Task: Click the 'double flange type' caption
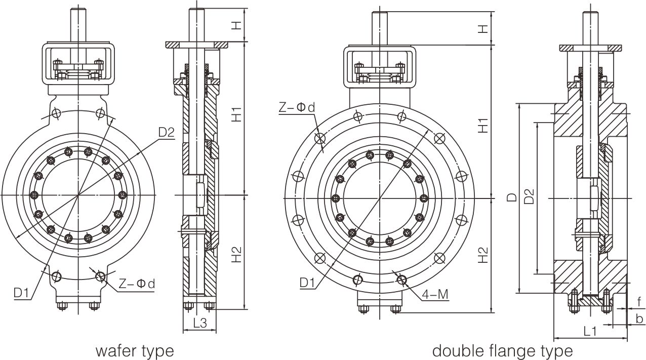502,350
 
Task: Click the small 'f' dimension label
639,300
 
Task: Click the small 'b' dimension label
639,319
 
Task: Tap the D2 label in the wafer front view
166,133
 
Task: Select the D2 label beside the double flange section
529,197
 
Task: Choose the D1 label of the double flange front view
309,282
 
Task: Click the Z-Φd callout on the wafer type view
137,284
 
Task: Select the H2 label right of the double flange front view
483,255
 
